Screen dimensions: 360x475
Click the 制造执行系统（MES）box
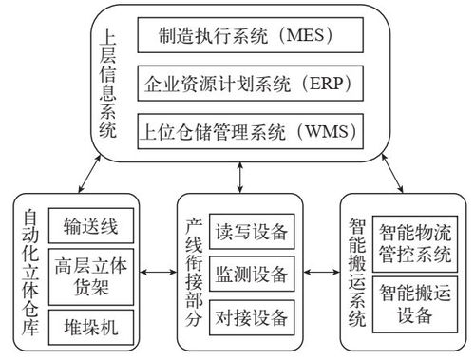coord(246,36)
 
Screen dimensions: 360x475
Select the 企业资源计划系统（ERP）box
coord(246,83)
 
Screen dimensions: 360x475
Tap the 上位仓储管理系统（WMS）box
coord(246,129)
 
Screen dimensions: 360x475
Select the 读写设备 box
coord(251,232)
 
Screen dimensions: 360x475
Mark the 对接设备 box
coord(251,316)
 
